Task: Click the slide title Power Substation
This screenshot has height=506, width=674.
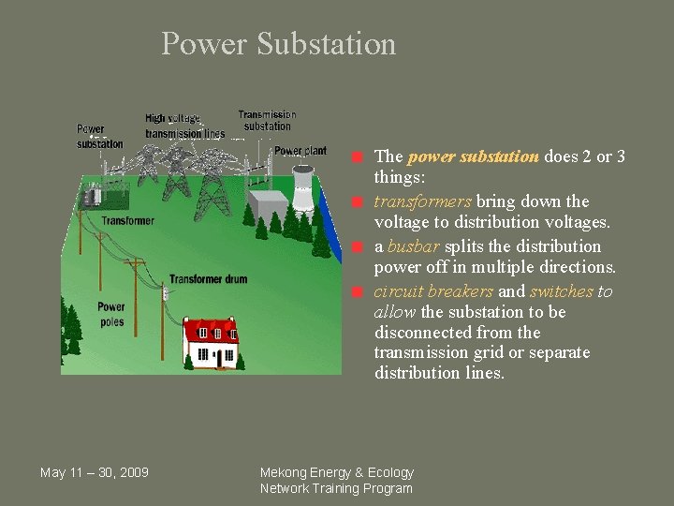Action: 278,44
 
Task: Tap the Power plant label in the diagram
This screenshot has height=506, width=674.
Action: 300,151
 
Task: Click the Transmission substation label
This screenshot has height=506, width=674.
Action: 267,121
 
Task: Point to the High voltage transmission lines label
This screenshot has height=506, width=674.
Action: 184,126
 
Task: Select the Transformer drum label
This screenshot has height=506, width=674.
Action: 209,279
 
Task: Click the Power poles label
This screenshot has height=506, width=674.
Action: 110,315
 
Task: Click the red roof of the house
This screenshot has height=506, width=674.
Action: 211,330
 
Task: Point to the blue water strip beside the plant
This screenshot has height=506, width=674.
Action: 325,220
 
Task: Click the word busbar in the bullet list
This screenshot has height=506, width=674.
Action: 414,246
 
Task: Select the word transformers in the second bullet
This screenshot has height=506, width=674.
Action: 422,201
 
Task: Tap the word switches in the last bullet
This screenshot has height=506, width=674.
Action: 562,291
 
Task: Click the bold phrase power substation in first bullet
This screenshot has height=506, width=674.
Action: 474,156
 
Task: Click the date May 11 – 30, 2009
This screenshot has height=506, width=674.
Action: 94,472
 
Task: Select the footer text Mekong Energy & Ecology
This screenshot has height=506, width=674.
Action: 336,472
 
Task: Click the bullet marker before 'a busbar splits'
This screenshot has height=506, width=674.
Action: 358,247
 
